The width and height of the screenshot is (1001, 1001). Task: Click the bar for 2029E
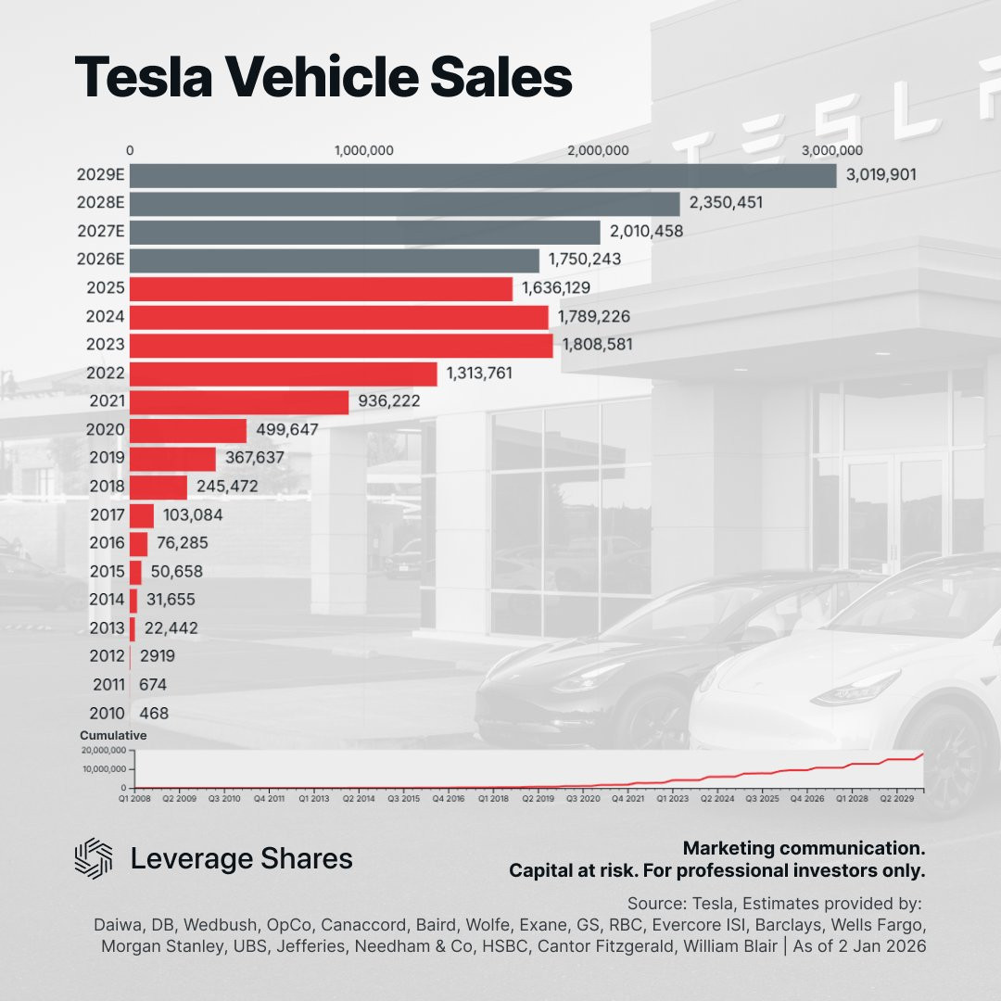coord(482,175)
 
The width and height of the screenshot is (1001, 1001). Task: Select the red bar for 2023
coord(341,346)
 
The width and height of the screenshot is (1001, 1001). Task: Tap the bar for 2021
coord(239,402)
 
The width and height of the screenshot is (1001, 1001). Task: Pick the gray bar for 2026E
coord(334,260)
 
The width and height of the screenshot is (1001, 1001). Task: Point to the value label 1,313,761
coord(479,374)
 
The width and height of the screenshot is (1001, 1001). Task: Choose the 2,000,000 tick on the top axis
coord(599,151)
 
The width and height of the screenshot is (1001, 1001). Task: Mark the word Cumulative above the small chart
coord(113,735)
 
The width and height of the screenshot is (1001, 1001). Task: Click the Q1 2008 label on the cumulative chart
coord(133,796)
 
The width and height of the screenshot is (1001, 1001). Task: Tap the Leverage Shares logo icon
coord(93,857)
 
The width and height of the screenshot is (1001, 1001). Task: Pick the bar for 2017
coord(142,515)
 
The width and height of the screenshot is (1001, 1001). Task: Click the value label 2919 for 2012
coord(157,656)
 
